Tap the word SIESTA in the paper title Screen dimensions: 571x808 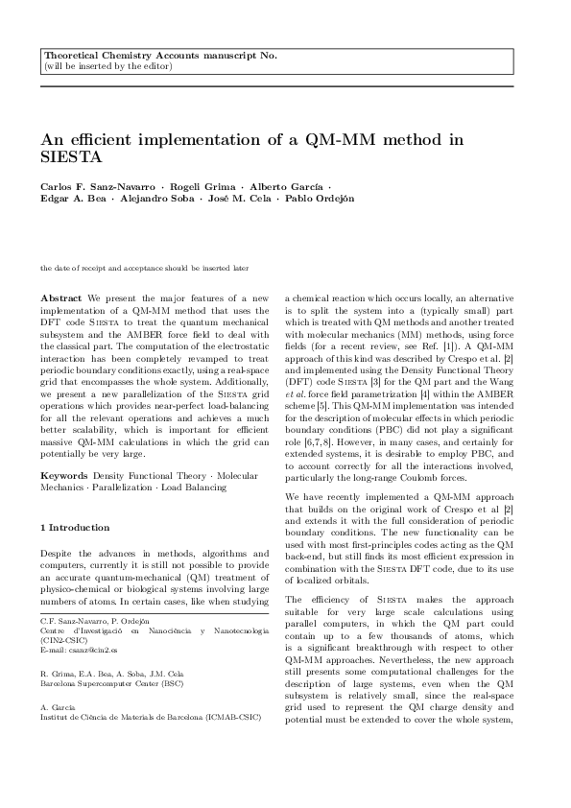pyautogui.click(x=70, y=156)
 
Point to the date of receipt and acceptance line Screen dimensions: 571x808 pyautogui.click(x=144, y=269)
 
